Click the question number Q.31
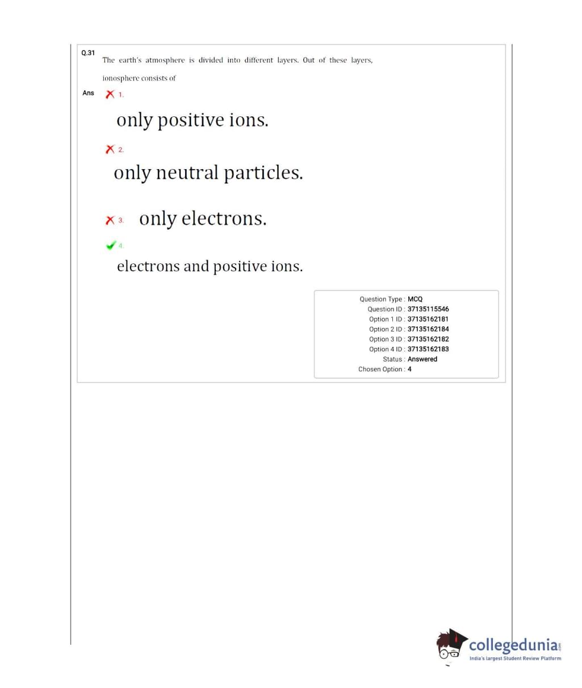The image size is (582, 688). click(x=88, y=53)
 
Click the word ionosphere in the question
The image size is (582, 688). click(x=121, y=78)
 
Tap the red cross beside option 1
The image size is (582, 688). click(x=110, y=94)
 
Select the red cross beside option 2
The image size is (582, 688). click(x=110, y=149)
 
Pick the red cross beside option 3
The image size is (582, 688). click(x=110, y=220)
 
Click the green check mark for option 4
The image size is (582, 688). click(x=111, y=245)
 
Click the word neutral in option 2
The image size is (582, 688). click(x=187, y=173)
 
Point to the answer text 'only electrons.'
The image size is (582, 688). click(x=203, y=219)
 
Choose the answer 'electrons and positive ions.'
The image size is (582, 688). click(x=210, y=266)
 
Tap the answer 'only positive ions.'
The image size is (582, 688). click(x=192, y=120)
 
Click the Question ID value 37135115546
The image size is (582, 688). click(x=428, y=309)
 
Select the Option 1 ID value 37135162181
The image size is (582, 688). click(x=428, y=319)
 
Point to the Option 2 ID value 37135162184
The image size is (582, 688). click(x=428, y=329)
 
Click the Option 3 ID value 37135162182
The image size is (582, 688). click(x=428, y=339)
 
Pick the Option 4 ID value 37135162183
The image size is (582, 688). click(x=428, y=349)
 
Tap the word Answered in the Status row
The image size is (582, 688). click(x=422, y=359)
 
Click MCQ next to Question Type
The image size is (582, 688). click(x=415, y=299)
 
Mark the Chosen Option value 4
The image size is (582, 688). click(x=409, y=370)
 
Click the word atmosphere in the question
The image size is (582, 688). click(x=165, y=60)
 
